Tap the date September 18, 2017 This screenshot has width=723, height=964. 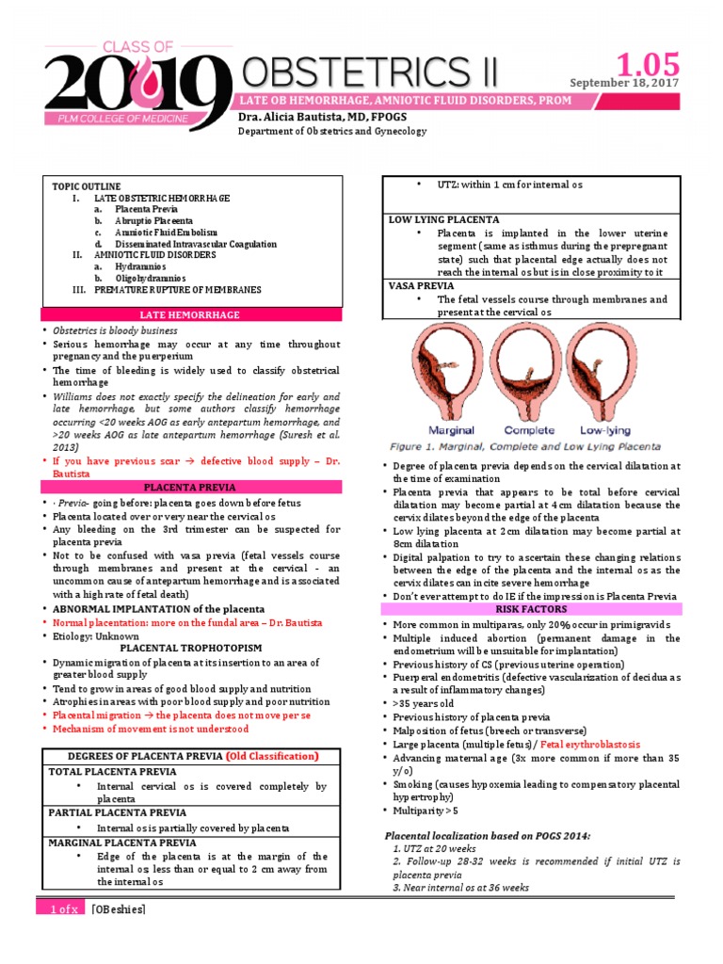[x=624, y=82]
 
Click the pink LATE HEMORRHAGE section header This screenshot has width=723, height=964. [x=189, y=314]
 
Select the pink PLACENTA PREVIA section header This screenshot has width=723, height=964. [x=189, y=487]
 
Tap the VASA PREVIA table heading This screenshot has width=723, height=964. [x=421, y=285]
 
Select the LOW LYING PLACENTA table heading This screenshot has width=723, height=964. [x=444, y=218]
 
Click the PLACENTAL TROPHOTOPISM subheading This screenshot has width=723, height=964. [x=189, y=648]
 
